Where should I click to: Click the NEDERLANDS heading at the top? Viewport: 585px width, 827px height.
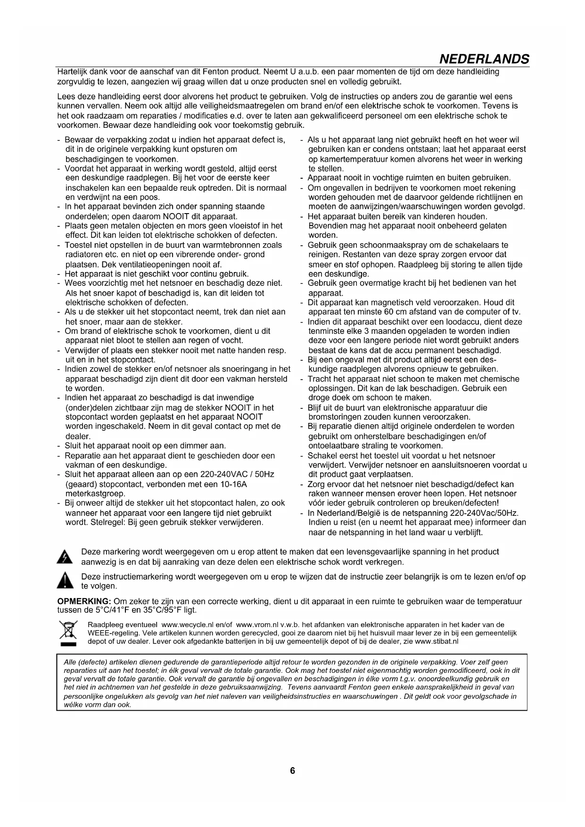(484, 59)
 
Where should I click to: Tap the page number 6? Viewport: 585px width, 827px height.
(292, 771)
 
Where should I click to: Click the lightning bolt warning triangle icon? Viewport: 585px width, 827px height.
(64, 557)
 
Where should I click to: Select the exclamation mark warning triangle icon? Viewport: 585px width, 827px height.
(64, 581)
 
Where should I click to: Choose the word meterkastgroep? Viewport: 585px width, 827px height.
(95, 494)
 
